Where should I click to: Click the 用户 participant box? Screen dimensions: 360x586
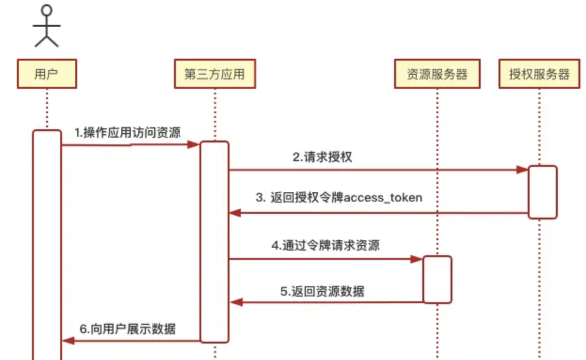click(x=47, y=74)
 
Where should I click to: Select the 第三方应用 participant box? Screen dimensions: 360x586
click(x=214, y=74)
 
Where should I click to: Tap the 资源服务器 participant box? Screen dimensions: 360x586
click(x=437, y=74)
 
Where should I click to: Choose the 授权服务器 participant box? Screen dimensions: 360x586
click(x=539, y=74)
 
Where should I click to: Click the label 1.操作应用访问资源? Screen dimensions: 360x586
click(x=127, y=133)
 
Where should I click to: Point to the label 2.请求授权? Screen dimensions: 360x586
click(x=322, y=157)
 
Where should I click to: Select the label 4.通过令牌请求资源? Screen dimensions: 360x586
click(x=325, y=245)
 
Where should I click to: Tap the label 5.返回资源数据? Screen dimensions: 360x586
click(x=322, y=291)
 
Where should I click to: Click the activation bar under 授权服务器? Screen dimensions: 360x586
click(x=542, y=192)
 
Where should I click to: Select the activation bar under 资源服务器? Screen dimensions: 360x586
click(x=437, y=279)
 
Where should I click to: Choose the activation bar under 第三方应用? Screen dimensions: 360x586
click(x=214, y=242)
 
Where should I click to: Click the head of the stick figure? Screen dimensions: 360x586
click(x=47, y=10)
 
